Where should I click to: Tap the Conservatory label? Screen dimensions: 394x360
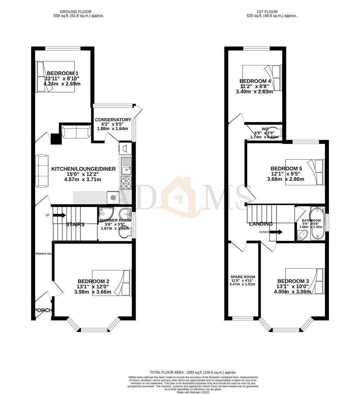tap(113, 120)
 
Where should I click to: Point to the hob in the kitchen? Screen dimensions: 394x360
tap(126, 183)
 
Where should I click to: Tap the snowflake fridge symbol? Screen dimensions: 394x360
tap(113, 197)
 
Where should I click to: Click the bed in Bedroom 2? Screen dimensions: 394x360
tap(112, 283)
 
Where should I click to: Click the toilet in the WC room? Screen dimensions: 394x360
tap(274, 131)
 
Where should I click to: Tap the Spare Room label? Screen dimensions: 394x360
tap(243, 277)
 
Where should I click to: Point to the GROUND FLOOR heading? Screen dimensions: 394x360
tap(79, 12)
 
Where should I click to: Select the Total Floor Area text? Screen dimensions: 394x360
tap(193, 372)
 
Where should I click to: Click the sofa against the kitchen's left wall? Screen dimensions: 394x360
tap(42, 172)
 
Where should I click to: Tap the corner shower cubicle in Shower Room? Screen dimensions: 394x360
tap(104, 214)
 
